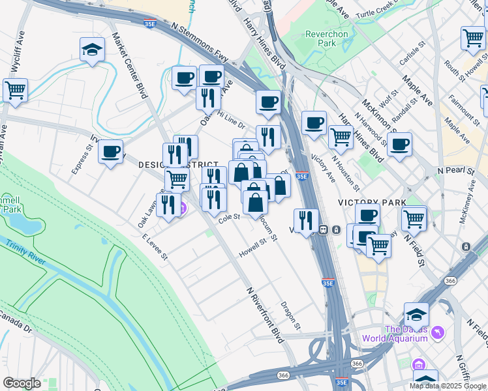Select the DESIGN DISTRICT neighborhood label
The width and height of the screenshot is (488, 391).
click(168, 166)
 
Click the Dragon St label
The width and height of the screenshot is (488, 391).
click(290, 315)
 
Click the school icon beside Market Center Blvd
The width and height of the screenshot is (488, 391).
click(93, 50)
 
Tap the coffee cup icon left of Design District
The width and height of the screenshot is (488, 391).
click(110, 151)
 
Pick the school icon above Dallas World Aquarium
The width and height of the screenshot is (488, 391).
click(416, 314)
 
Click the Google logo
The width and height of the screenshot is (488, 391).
click(22, 383)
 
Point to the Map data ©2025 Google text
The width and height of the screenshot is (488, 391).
click(448, 386)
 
